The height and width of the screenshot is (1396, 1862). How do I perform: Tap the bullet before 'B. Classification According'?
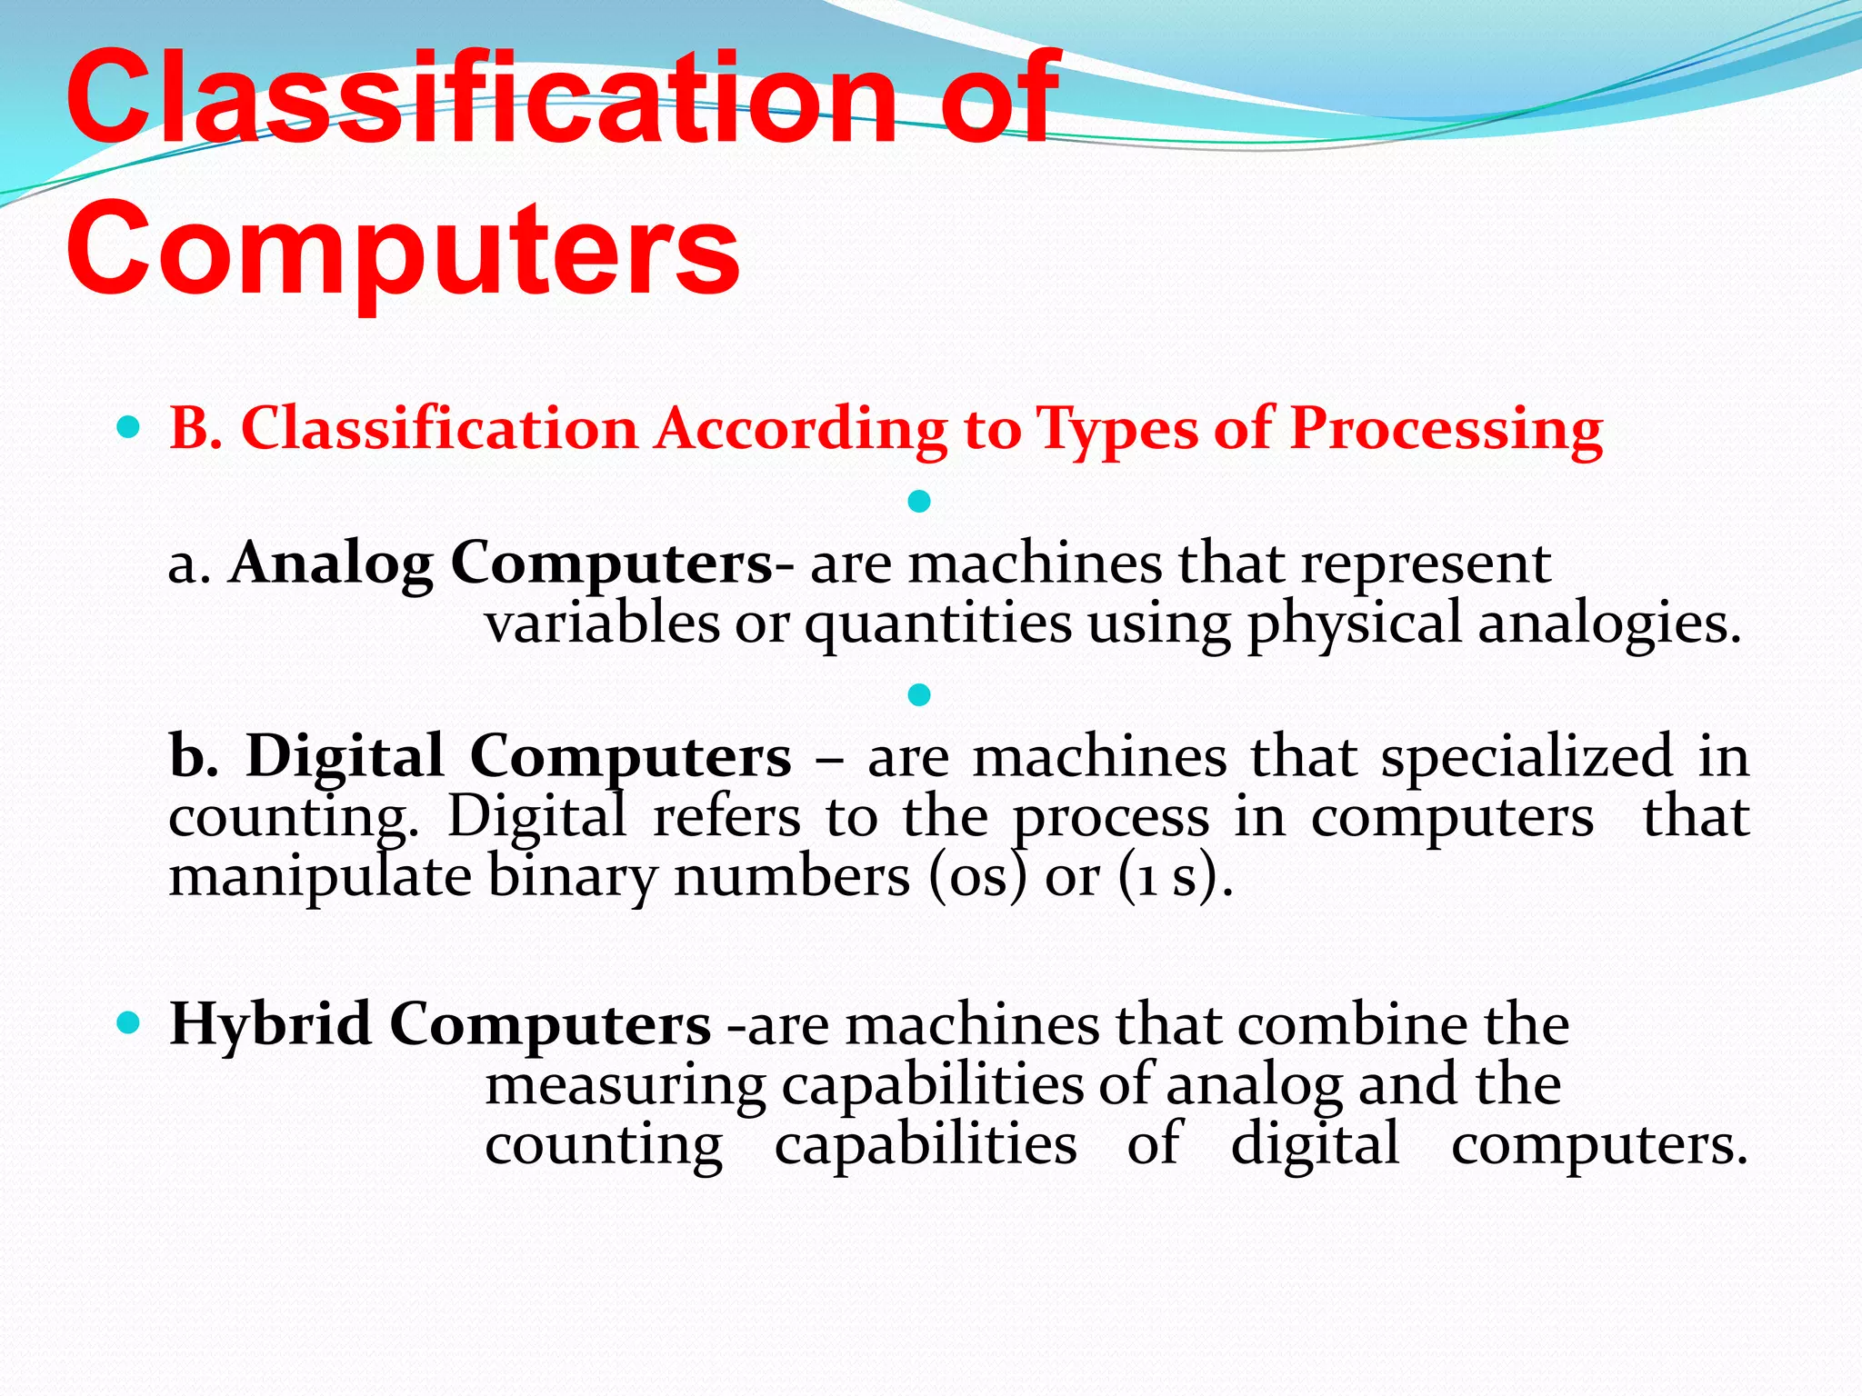[129, 426]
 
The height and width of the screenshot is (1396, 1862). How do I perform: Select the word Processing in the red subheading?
[1446, 429]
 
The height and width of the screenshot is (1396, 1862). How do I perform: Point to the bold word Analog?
[331, 564]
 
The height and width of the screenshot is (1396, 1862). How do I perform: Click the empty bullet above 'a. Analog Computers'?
[919, 501]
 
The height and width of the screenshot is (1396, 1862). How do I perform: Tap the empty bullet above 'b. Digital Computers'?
[919, 695]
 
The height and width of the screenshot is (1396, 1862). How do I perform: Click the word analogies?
[1608, 625]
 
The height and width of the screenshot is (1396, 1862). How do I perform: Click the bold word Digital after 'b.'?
[345, 757]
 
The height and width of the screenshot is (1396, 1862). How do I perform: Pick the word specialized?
[1527, 757]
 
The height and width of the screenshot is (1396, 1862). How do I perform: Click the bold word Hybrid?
[270, 1025]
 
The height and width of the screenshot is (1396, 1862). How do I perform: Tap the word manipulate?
[320, 878]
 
